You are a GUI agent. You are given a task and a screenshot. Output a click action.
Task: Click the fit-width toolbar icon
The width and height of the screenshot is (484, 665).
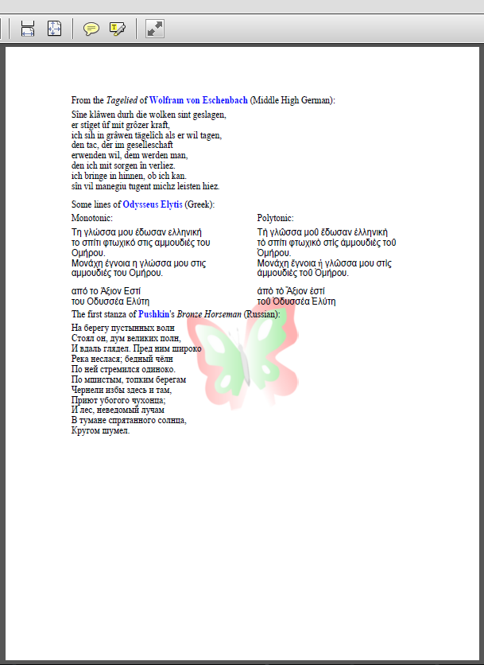tap(28, 29)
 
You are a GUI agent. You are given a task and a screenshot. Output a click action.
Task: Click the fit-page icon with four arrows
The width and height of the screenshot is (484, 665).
tap(54, 29)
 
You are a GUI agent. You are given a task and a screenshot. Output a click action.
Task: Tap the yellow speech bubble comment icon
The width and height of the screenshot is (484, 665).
tap(91, 29)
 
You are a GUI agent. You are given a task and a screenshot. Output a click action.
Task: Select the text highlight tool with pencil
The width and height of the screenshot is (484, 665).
tap(118, 29)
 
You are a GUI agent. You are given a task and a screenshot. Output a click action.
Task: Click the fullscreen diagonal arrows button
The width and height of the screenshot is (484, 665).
tap(155, 29)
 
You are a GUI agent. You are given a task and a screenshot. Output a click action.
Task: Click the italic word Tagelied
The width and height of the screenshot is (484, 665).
tap(122, 100)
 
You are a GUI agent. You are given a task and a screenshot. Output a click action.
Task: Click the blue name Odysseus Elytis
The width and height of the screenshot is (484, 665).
tap(152, 204)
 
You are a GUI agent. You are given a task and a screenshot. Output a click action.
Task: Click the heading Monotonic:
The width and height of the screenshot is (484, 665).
tap(92, 218)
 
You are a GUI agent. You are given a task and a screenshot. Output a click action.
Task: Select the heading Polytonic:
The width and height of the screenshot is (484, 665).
tap(276, 218)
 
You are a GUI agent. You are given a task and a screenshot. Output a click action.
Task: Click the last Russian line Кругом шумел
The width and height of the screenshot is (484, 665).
tap(100, 430)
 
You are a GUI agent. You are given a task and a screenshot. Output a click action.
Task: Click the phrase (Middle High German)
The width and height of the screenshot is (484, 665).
tap(292, 100)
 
